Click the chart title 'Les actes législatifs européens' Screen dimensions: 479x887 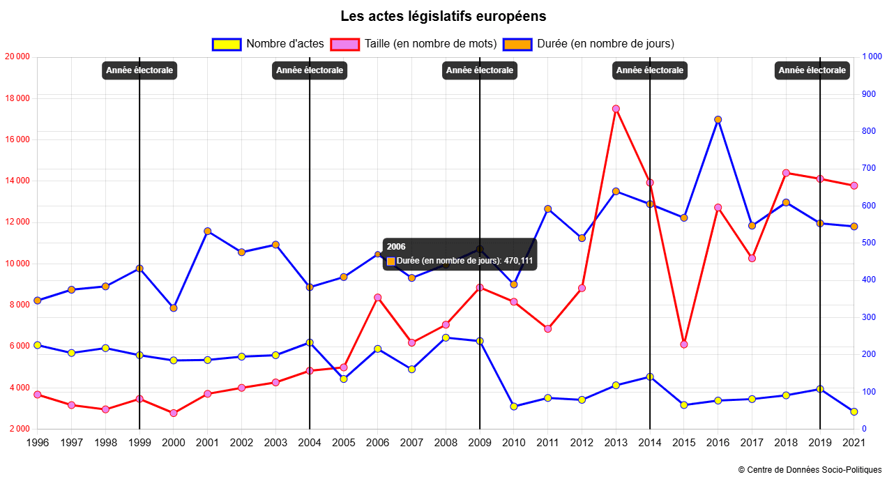(443, 16)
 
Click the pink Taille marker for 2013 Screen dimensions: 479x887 (616, 109)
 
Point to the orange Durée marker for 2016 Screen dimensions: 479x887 (718, 119)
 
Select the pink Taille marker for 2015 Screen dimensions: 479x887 (683, 344)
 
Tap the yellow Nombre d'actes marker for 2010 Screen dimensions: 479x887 (514, 406)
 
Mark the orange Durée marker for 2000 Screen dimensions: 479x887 (174, 307)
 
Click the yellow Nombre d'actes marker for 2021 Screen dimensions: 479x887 (854, 411)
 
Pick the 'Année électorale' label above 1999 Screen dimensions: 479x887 (139, 70)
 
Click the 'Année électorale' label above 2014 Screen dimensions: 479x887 (650, 70)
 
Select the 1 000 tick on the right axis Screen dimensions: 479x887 (872, 57)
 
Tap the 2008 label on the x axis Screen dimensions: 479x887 (446, 442)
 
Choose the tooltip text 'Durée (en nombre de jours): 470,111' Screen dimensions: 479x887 (464, 261)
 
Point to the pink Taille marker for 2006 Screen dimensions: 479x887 (377, 298)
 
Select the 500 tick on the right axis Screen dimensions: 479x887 (870, 243)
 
